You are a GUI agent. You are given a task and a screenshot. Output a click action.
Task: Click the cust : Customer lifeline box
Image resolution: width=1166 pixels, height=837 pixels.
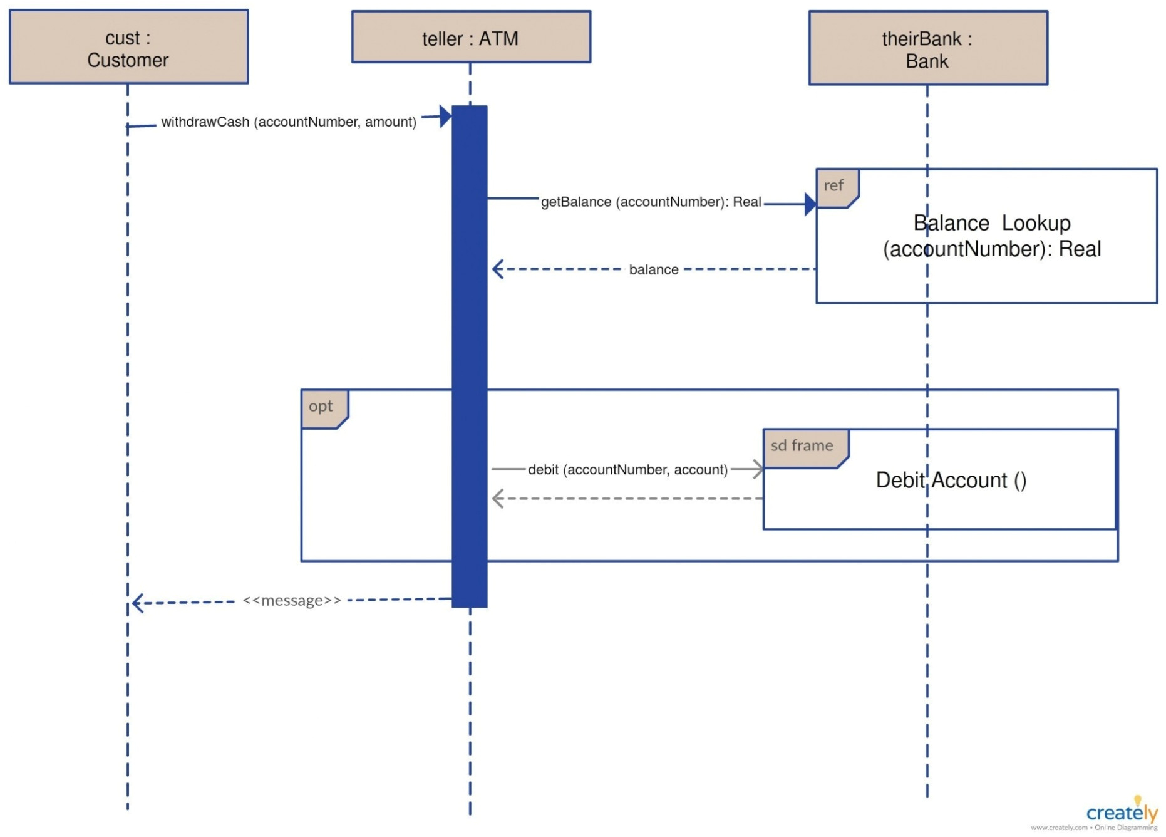click(128, 47)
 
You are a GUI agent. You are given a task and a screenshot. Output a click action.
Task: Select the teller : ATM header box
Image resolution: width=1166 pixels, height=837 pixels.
click(470, 37)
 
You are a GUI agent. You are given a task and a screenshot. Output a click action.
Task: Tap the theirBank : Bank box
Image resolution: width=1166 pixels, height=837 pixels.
click(927, 48)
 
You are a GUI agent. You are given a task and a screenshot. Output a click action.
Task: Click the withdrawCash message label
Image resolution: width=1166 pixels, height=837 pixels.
click(289, 122)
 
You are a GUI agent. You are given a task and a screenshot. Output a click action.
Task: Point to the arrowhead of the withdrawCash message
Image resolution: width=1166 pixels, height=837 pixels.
click(446, 116)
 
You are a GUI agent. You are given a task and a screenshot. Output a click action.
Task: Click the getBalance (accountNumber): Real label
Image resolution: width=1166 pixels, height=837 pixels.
click(651, 202)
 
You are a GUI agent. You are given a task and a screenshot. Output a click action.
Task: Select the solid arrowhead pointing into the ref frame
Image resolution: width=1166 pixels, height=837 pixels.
click(810, 204)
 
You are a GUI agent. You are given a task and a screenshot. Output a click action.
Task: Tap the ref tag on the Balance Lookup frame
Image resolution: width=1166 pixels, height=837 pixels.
click(835, 186)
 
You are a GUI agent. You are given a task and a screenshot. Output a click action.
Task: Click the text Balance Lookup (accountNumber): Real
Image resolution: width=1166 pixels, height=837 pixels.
click(992, 236)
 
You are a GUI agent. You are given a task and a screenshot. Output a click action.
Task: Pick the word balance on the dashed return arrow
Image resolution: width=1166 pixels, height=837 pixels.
click(653, 269)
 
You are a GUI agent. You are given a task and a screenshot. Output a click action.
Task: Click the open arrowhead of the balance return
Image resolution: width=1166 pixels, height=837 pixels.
click(498, 269)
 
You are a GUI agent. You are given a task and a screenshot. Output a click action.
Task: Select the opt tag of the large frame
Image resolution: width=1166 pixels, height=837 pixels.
click(322, 407)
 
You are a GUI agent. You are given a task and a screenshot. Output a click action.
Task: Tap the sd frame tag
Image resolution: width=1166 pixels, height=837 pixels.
click(803, 446)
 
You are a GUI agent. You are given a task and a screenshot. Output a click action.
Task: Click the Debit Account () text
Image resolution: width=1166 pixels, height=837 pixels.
click(951, 480)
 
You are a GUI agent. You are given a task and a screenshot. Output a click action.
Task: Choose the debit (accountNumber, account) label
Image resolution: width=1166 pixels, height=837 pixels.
click(627, 469)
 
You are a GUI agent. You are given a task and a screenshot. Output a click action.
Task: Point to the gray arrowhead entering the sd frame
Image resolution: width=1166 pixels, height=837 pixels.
click(758, 469)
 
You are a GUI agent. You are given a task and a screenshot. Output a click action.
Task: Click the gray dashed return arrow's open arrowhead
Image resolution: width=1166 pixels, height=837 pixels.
click(498, 499)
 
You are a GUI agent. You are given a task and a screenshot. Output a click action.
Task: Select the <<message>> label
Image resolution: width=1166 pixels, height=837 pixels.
click(292, 600)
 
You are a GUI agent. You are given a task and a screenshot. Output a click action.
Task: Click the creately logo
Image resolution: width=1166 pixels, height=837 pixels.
click(1121, 813)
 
